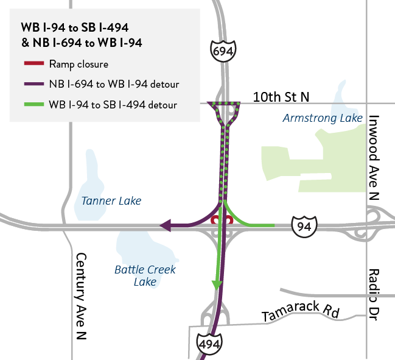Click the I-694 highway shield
coord(223,52)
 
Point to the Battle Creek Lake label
coord(145,275)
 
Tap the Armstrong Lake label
coord(323,118)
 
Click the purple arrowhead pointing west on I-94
coord(164,226)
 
